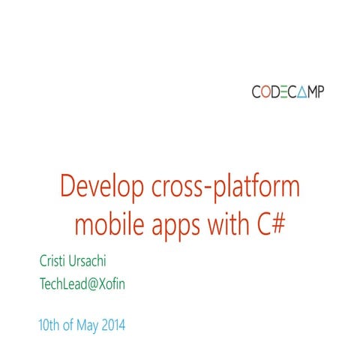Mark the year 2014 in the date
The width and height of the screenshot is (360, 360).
coord(110,326)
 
